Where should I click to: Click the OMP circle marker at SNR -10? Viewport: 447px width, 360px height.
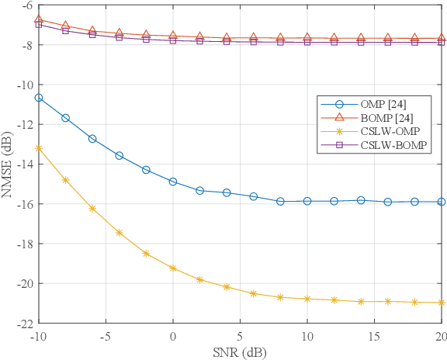(39, 98)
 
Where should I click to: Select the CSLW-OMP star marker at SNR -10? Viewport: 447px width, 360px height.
(39, 147)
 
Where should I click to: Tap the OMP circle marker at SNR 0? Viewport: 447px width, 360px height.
(173, 182)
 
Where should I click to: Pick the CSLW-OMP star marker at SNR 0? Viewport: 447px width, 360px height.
(173, 268)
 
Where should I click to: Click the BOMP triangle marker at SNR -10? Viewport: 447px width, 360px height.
(39, 19)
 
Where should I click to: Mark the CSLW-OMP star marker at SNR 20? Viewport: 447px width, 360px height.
(441, 303)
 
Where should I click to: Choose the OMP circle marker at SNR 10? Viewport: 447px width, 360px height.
(307, 201)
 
